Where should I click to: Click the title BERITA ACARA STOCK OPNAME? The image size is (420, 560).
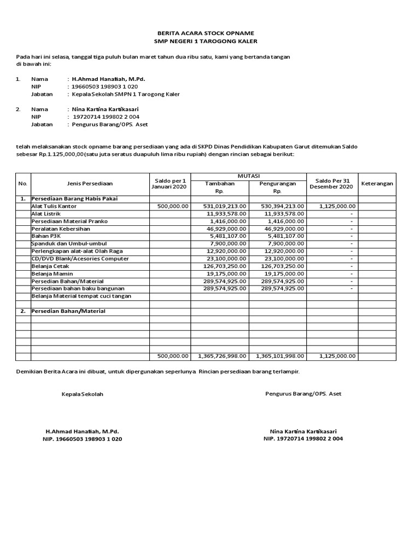[205, 33]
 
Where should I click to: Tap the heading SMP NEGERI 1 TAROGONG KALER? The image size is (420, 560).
[205, 42]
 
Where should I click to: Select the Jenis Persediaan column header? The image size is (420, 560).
[90, 184]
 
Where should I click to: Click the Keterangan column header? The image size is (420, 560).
[377, 184]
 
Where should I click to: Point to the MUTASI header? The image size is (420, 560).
[248, 176]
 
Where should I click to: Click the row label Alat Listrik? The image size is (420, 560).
[46, 213]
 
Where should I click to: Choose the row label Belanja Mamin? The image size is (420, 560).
[52, 273]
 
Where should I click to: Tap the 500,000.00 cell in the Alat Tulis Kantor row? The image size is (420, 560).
[172, 206]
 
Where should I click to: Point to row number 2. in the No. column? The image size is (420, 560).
[23, 311]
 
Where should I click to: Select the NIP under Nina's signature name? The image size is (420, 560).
[303, 439]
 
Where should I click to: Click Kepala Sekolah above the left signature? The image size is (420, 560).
[82, 394]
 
